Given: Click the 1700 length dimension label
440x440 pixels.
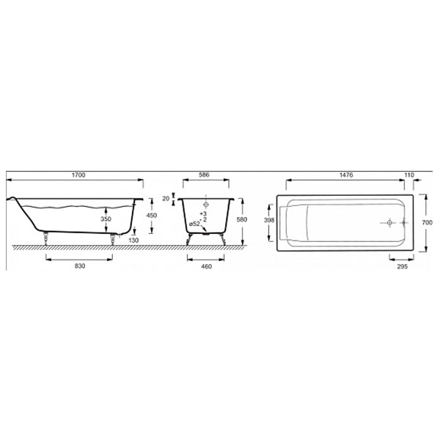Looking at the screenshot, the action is pos(78,175).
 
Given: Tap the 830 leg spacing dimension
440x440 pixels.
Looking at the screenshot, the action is pos(80,266).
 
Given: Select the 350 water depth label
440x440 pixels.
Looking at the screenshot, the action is pos(106,219).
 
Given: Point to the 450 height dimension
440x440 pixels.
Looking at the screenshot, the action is pos(152,216).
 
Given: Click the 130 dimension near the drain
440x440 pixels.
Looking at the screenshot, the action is pos(133,241).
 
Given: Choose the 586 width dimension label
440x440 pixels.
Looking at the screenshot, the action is pos(204,175).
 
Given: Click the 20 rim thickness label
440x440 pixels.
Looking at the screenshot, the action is pos(166,199).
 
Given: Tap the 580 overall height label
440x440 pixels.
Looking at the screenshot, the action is pos(242,220).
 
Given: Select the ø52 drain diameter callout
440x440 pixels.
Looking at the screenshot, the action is pos(194,224).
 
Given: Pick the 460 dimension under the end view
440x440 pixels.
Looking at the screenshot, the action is pos(206,267).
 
